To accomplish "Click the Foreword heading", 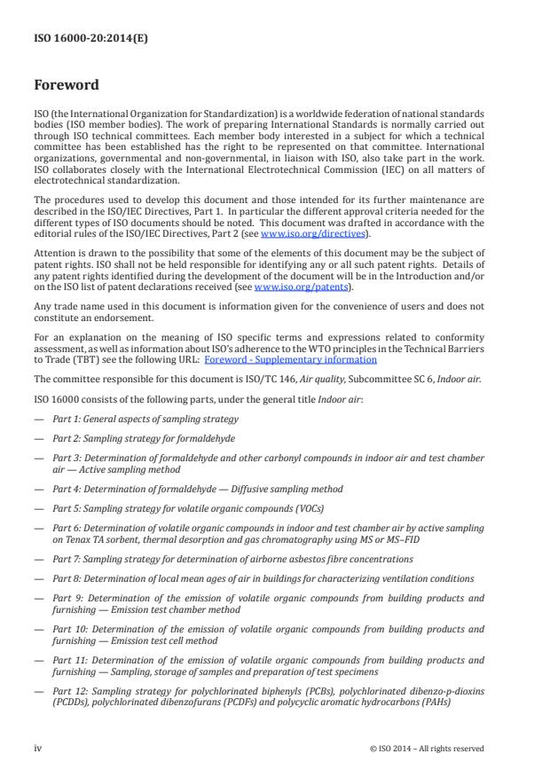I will [67, 86].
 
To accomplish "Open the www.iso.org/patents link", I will [289, 287].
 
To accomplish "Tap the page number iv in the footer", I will [38, 748].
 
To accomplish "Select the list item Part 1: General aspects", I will [145, 418].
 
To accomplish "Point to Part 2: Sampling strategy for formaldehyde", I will [153, 438].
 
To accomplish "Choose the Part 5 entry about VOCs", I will [188, 508].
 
